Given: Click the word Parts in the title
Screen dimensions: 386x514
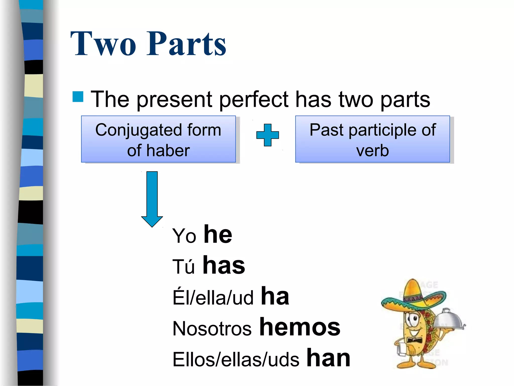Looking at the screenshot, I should coord(186,44).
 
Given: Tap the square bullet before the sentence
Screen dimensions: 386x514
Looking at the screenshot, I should coord(78,97).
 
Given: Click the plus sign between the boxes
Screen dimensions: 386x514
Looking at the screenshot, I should coord(268,135).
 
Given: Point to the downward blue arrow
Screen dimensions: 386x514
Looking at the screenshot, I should coord(152,199).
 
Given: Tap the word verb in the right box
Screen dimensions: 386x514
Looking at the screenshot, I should coord(372,151).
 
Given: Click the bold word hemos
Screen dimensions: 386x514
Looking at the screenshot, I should coord(300,327).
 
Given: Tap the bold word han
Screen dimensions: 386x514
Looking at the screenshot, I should coord(328,358).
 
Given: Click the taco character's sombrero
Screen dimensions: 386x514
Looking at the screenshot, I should coord(413,297).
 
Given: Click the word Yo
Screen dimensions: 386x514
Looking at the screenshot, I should coord(184,236).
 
